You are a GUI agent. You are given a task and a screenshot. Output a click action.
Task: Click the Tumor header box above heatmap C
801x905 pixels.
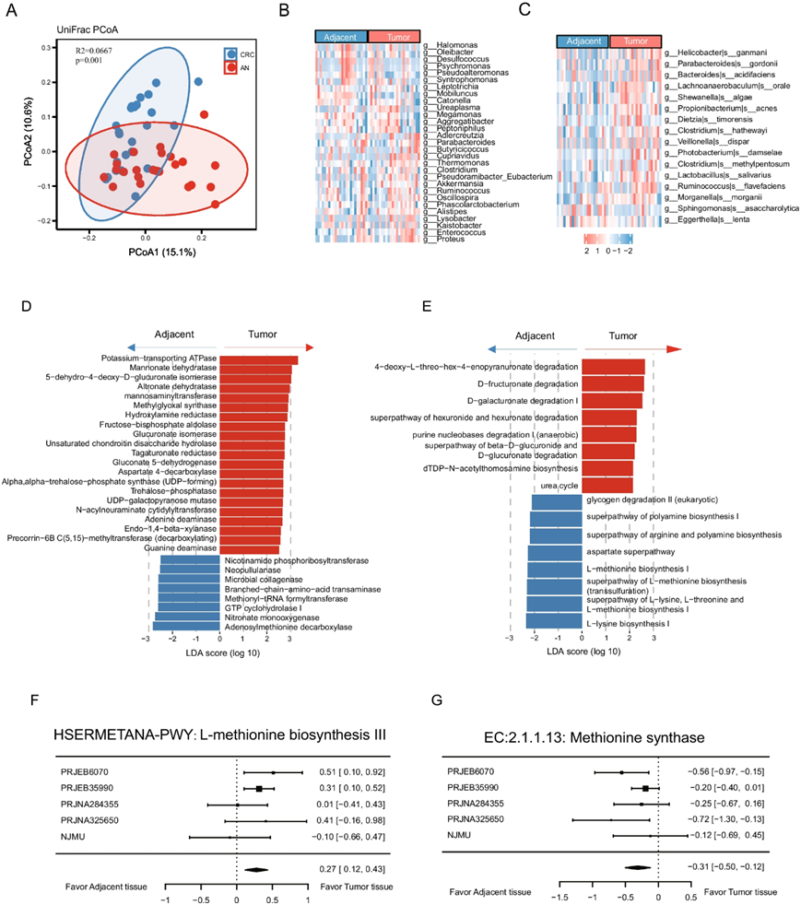pyautogui.click(x=635, y=41)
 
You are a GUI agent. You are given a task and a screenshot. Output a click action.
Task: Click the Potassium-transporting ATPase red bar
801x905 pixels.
pyautogui.click(x=259, y=360)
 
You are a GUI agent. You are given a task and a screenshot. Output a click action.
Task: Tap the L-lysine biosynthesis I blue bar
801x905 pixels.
pyautogui.click(x=554, y=624)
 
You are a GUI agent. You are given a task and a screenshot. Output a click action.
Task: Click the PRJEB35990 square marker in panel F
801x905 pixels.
pyautogui.click(x=260, y=789)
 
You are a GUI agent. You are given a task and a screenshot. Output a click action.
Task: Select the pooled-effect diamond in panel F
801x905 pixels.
pyautogui.click(x=259, y=868)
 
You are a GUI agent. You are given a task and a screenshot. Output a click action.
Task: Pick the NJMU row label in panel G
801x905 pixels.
pyautogui.click(x=462, y=836)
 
